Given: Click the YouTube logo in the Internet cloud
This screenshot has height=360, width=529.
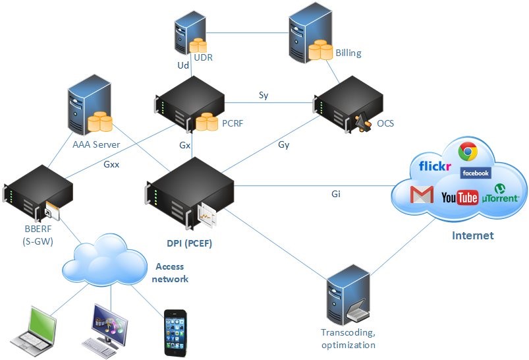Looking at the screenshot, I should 459,197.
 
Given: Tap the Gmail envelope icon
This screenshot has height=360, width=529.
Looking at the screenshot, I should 422,195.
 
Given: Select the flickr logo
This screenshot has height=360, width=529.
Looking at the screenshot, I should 430,165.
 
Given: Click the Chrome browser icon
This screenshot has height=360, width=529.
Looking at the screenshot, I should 468,152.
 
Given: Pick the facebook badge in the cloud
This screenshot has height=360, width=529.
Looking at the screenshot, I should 476,173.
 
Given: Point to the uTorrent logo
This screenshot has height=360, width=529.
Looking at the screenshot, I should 501,195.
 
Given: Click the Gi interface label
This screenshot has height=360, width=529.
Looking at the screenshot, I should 336,194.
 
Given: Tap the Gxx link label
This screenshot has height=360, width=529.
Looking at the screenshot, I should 111,164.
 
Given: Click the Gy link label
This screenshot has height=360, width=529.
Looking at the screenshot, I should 284,144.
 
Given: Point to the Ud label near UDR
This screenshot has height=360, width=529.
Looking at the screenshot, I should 183,65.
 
